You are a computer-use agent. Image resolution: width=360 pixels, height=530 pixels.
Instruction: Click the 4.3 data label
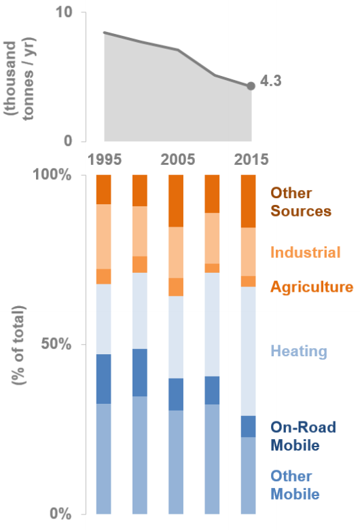click(x=271, y=81)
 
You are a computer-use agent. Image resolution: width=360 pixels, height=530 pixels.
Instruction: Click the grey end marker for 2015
click(x=251, y=86)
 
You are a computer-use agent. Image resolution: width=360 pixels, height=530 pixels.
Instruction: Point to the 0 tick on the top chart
click(x=68, y=142)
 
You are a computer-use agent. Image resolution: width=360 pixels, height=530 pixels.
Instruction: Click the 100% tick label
click(x=52, y=175)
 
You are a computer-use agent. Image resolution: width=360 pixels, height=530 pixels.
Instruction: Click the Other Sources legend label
click(x=301, y=202)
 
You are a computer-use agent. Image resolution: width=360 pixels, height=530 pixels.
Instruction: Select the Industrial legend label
click(x=305, y=253)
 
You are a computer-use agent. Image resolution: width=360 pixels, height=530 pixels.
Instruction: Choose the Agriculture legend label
click(x=312, y=287)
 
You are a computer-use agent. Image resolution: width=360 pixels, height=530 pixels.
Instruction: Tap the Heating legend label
click(x=299, y=352)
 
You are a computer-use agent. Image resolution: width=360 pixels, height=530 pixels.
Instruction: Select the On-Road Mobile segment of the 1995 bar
click(x=103, y=379)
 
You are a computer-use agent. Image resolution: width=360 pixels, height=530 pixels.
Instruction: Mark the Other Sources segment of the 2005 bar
click(x=176, y=200)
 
